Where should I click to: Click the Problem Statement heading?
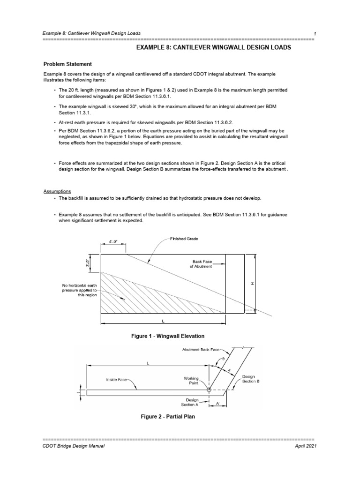point(67,64)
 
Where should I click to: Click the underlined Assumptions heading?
point(57,192)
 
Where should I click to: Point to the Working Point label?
point(193,380)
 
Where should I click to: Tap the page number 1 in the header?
point(315,33)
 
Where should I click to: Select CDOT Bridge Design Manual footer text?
point(73,446)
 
